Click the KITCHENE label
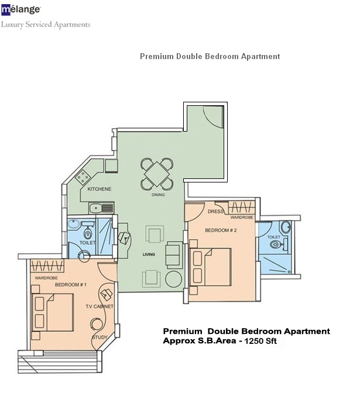tap(100, 189)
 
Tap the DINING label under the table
tap(158, 195)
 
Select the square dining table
tap(157, 174)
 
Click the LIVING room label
tap(149, 254)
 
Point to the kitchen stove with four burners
tap(83, 177)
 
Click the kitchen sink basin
tap(95, 208)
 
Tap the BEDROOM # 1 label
tap(71, 285)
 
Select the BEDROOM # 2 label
tap(221, 230)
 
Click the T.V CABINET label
tap(100, 306)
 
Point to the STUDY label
tap(100, 337)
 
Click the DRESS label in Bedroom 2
tap(215, 212)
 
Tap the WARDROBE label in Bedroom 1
tap(46, 278)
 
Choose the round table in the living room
tap(174, 278)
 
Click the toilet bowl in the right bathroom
tap(276, 244)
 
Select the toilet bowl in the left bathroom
tap(88, 233)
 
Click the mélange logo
tap(21, 10)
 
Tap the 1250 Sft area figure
tap(260, 341)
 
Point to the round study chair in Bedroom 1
tap(97, 325)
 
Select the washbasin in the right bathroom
tap(285, 227)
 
